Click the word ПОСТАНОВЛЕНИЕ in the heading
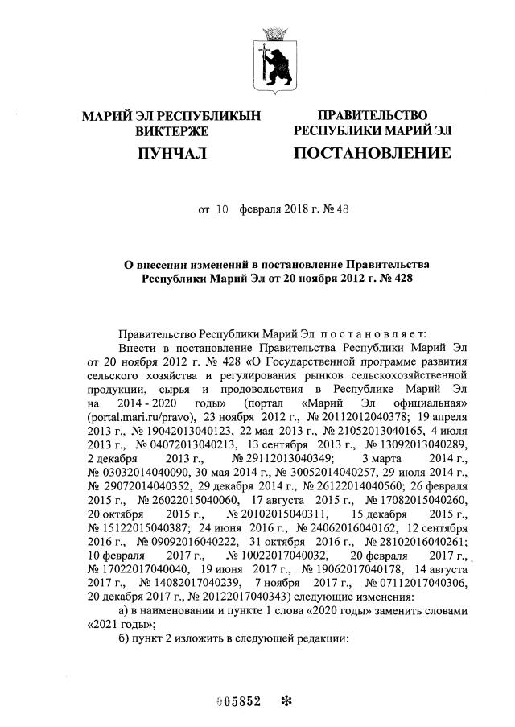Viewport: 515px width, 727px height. tap(372, 152)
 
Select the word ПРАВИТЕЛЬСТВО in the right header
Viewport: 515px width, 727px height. tap(372, 116)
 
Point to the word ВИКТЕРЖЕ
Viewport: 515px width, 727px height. tap(171, 130)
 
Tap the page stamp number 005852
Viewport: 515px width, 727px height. tap(241, 700)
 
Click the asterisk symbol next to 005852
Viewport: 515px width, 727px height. tap(285, 700)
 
